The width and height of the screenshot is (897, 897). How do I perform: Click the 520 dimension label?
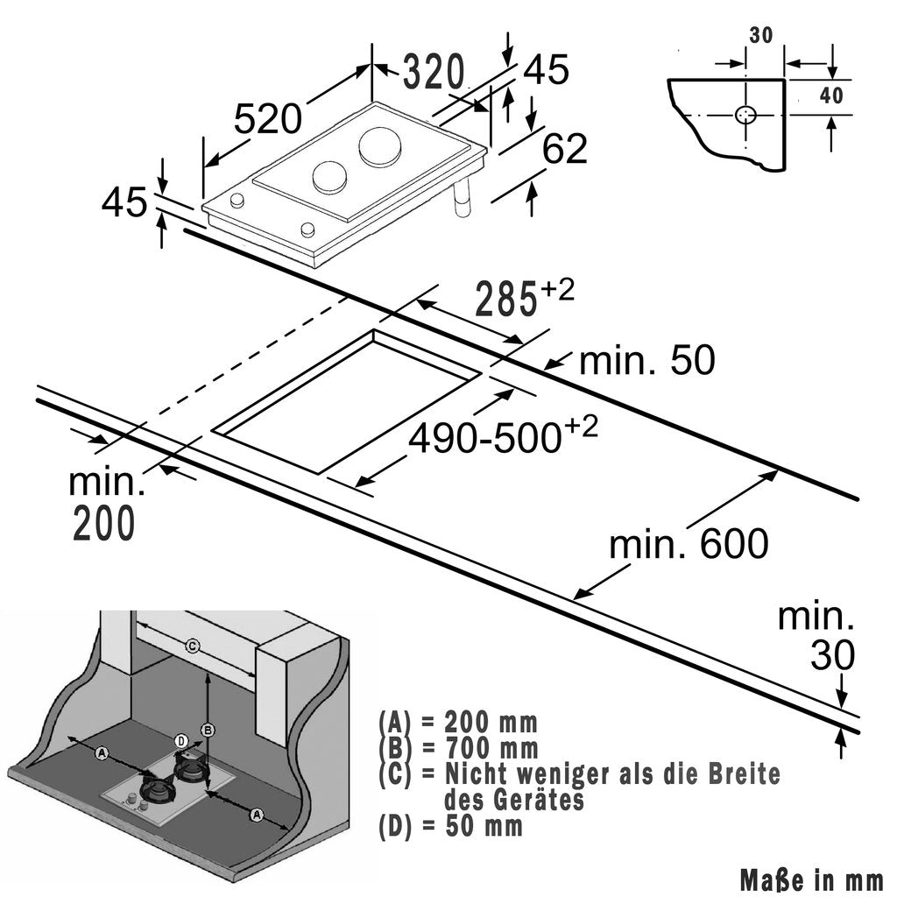[x=270, y=117]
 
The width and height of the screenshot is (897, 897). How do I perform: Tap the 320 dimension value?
[x=433, y=73]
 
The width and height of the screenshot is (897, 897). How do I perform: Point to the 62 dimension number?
[x=564, y=149]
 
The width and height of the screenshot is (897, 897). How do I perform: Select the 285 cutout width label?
[x=505, y=300]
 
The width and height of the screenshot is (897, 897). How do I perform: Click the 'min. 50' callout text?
[x=647, y=361]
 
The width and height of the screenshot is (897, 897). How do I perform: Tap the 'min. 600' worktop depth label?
[x=689, y=544]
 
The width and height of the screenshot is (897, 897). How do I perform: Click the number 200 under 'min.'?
[x=103, y=523]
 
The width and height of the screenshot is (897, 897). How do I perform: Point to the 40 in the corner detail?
[x=831, y=95]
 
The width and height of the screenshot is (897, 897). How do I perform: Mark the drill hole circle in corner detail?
[x=746, y=115]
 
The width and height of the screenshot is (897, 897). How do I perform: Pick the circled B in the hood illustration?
[x=208, y=729]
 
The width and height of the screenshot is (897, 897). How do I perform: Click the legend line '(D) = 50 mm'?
[x=451, y=825]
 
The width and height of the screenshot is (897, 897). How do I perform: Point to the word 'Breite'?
[x=742, y=774]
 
